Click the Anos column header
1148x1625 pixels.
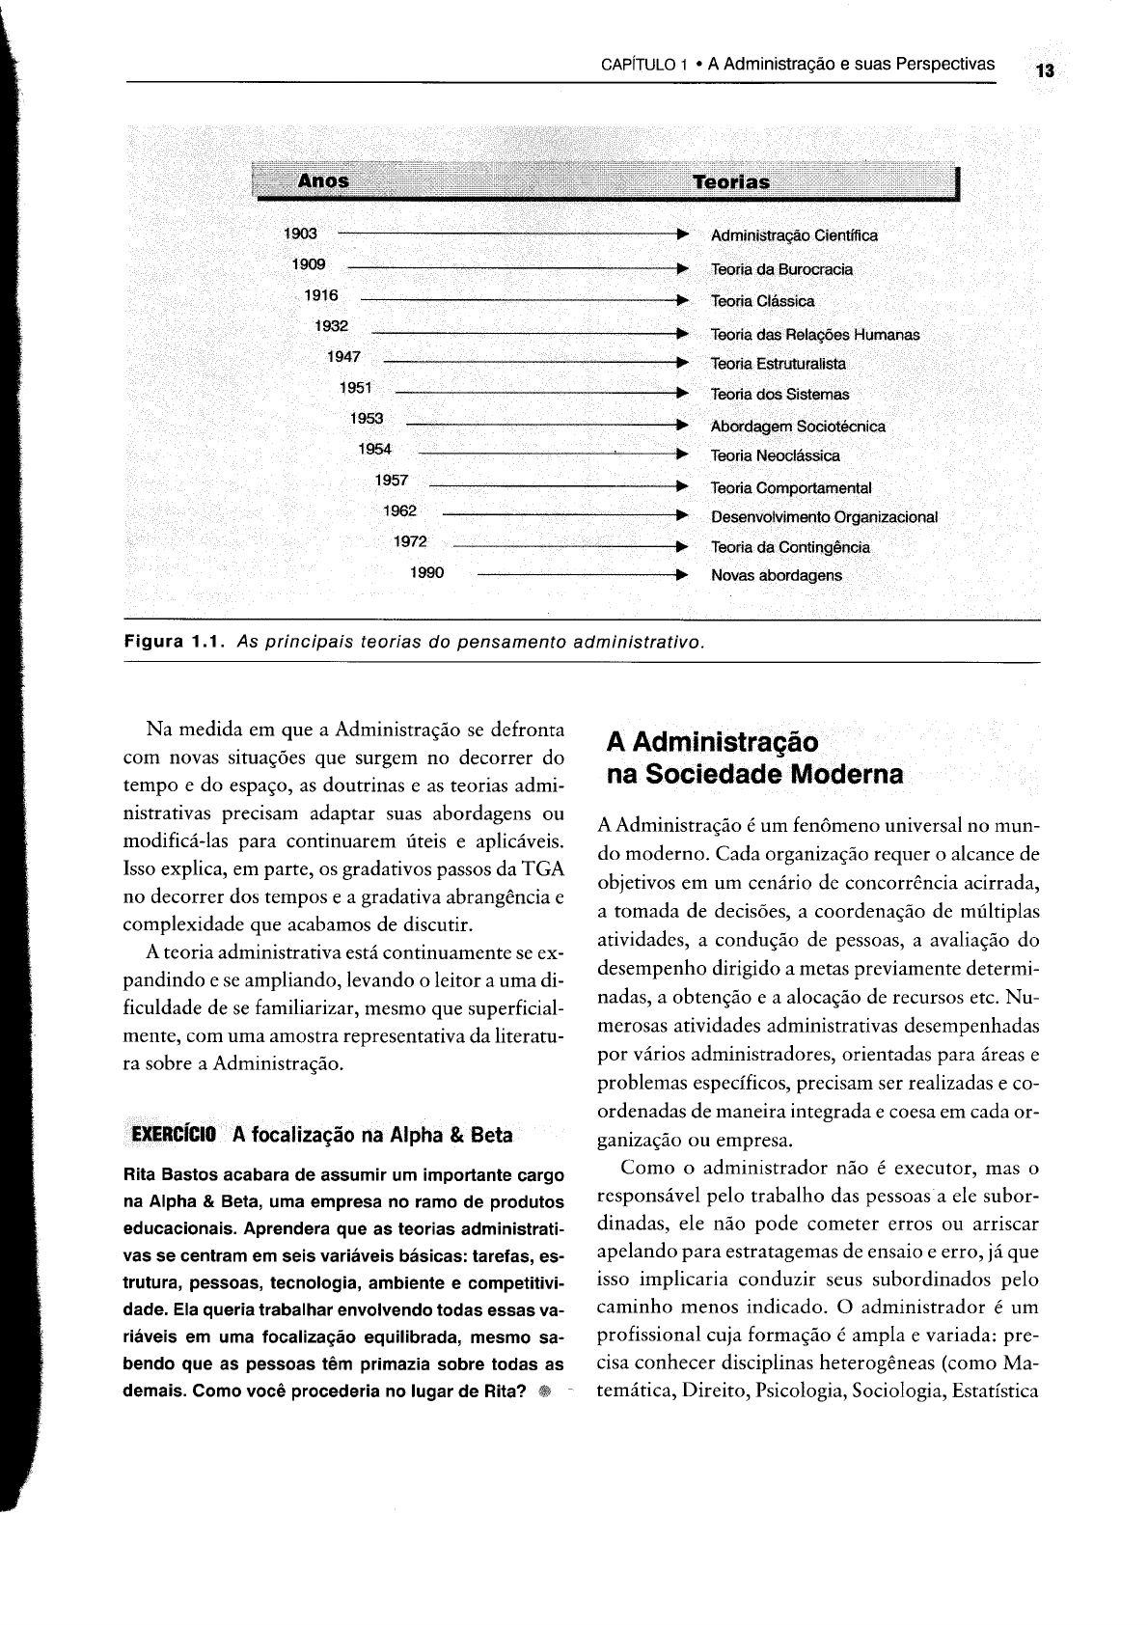point(323,180)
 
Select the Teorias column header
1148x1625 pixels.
point(731,181)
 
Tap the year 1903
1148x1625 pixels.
point(300,234)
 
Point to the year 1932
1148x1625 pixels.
point(331,326)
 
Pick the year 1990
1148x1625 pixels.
point(427,573)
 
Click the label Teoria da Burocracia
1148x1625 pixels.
point(781,269)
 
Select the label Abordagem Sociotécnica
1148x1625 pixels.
point(798,426)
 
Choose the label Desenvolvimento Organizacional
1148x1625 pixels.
point(824,516)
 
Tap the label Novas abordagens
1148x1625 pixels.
point(776,575)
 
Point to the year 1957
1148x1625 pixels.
point(392,481)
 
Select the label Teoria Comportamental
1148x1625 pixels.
point(791,488)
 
